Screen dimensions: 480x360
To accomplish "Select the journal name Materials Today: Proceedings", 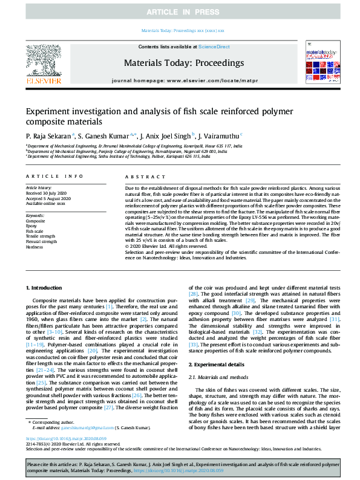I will [183, 63].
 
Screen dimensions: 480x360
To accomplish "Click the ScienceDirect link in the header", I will [215, 47].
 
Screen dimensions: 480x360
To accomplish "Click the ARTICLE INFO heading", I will [54, 177].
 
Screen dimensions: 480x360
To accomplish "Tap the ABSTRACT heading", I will [143, 177].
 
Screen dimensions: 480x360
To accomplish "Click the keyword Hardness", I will [35, 247].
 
